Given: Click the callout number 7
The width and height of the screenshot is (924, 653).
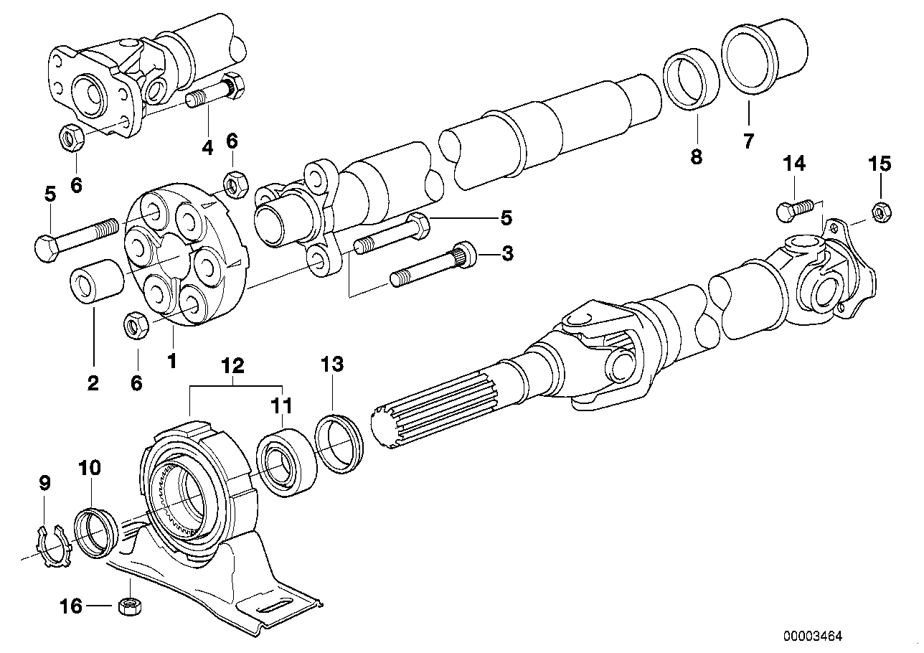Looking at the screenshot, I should click(x=748, y=141).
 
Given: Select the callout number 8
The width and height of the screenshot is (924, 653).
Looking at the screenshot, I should click(x=696, y=156).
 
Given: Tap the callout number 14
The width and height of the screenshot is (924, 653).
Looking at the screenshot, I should click(x=793, y=164).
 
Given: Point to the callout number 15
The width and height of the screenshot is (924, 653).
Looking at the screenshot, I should click(x=880, y=164).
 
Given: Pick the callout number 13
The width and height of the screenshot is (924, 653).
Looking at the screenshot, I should click(x=332, y=365).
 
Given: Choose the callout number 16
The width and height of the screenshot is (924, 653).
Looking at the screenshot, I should click(x=71, y=606).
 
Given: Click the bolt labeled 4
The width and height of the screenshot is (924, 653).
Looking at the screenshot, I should click(x=215, y=93).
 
